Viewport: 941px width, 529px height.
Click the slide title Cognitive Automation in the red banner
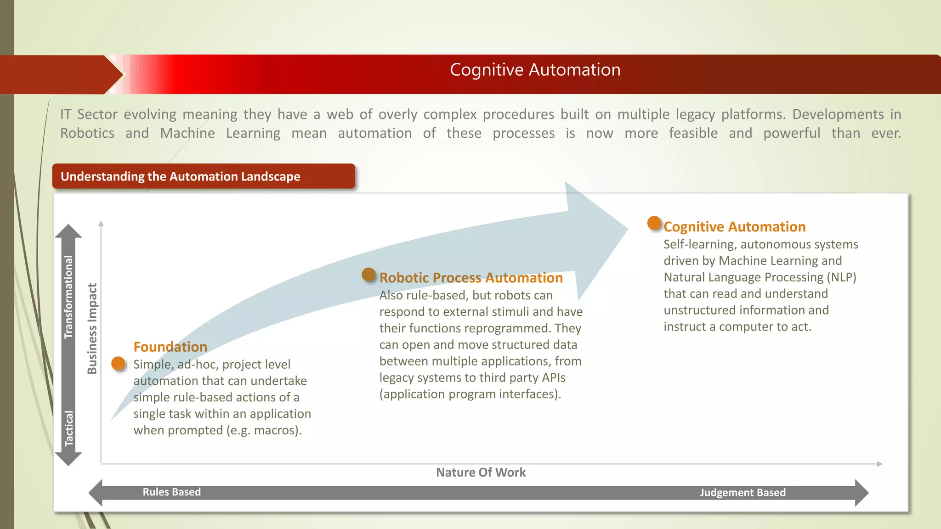tap(535, 70)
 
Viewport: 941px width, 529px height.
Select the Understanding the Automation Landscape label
tap(180, 176)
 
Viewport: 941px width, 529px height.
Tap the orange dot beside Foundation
tap(119, 364)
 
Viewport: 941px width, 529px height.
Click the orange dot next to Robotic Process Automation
tap(368, 275)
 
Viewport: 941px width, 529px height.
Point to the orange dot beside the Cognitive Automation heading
tap(654, 223)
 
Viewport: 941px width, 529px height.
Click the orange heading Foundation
tap(170, 347)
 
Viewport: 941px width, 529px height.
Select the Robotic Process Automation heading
tap(471, 278)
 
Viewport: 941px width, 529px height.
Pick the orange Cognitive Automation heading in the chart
tap(734, 227)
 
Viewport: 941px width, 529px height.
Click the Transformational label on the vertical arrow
tap(68, 297)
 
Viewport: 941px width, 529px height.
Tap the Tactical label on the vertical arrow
tap(68, 428)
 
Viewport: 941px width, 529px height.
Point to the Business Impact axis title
tap(92, 328)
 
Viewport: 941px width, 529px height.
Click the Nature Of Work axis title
tap(481, 473)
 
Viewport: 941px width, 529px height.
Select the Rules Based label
tap(171, 492)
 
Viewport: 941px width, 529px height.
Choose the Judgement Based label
tap(743, 493)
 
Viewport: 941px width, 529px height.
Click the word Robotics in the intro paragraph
tap(87, 133)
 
